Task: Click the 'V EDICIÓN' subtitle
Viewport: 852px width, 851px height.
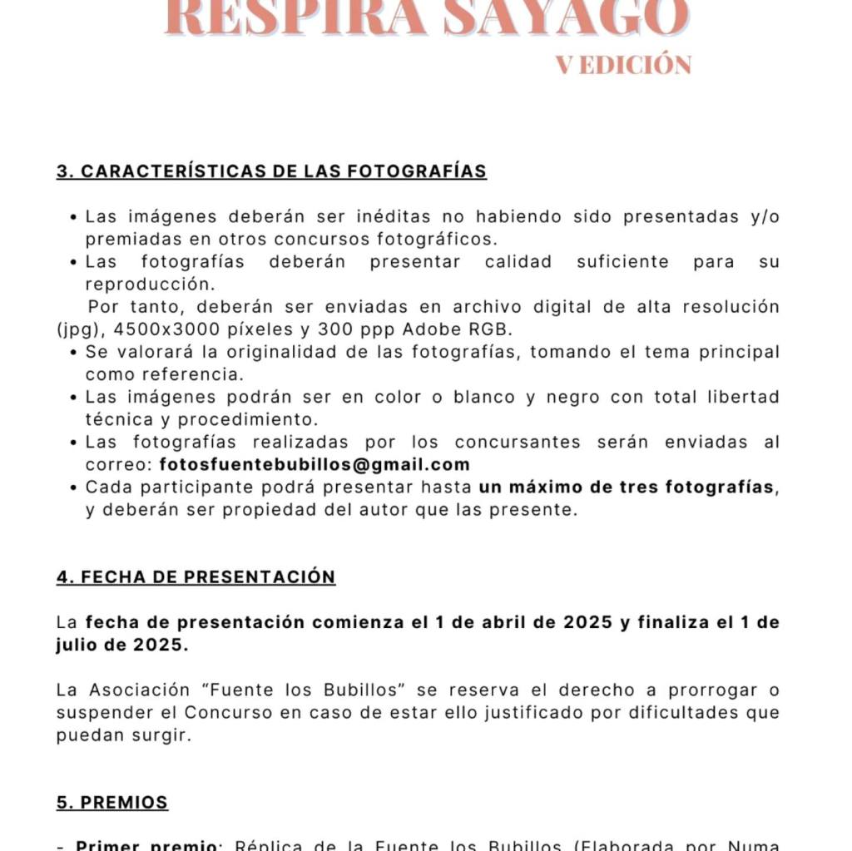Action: [623, 65]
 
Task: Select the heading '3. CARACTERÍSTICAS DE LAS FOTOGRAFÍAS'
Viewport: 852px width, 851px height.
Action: [271, 171]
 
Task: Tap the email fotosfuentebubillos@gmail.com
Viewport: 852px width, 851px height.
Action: [315, 464]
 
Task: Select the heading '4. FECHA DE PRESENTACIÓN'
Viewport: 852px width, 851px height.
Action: [196, 576]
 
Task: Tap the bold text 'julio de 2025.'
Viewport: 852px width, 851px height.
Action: [121, 645]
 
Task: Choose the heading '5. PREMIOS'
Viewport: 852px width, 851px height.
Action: [112, 802]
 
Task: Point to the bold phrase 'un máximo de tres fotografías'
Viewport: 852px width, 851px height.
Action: [627, 487]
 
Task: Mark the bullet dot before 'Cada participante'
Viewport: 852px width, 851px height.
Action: [74, 487]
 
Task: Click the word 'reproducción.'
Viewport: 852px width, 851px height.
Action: [146, 284]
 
